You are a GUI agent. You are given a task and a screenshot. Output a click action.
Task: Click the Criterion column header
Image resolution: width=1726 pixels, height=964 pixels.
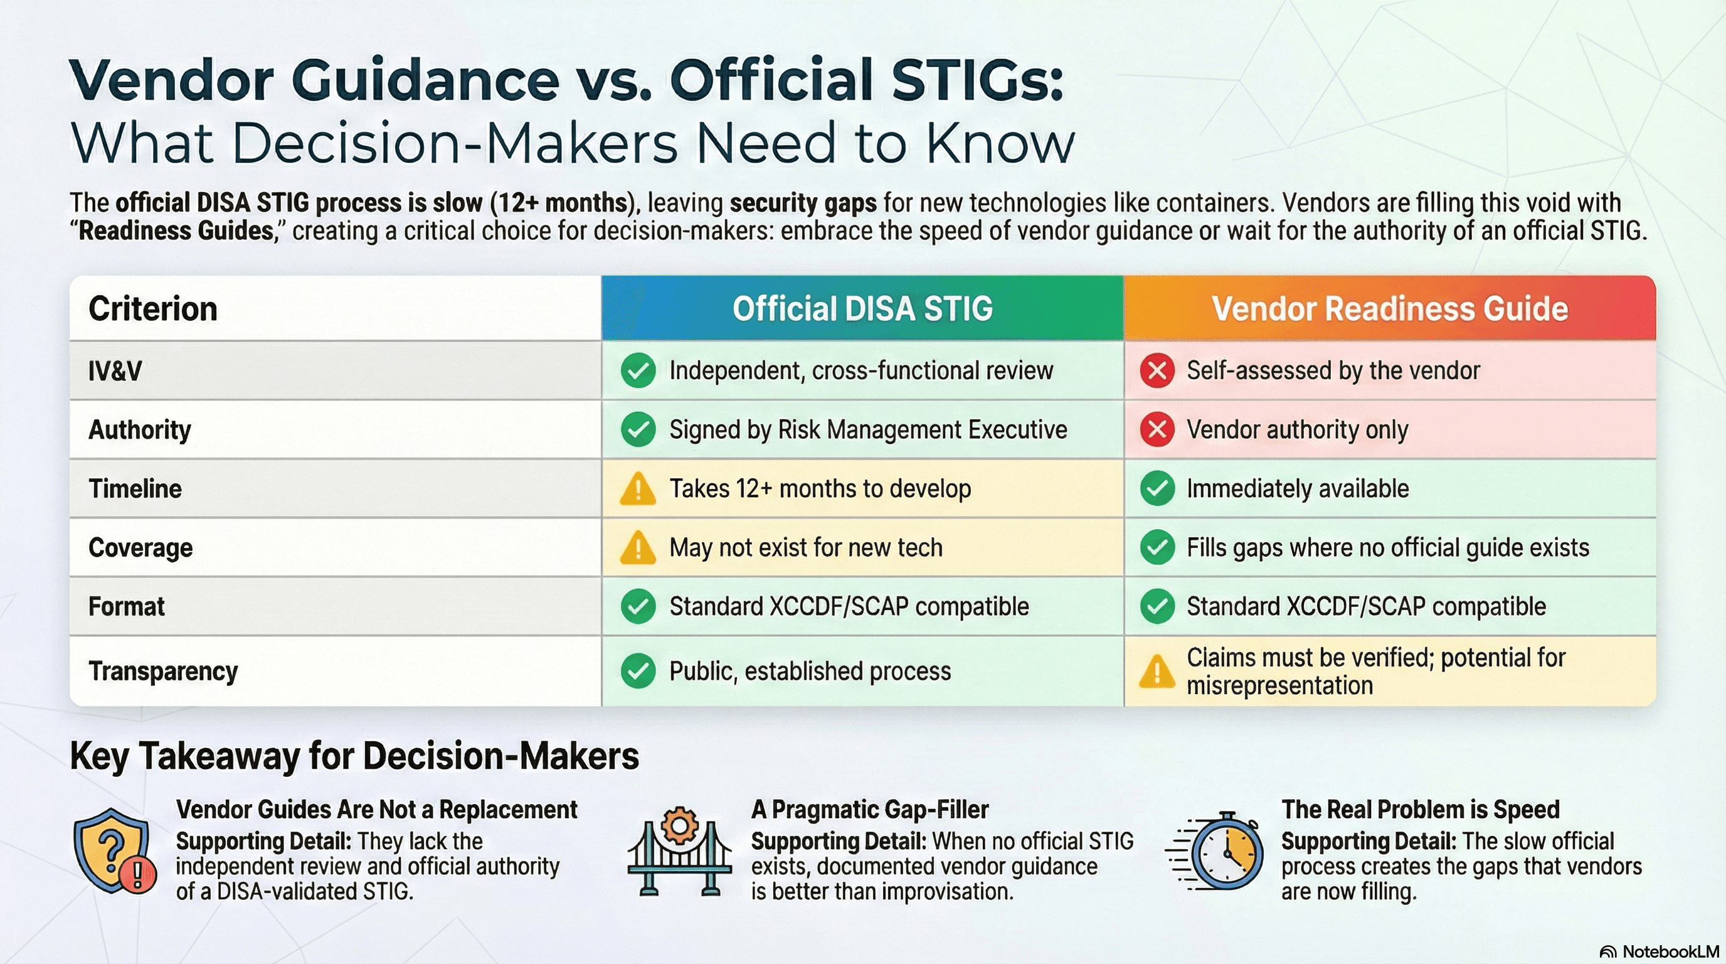(153, 309)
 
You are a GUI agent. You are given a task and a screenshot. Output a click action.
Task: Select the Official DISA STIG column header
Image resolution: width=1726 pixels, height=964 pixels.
(862, 309)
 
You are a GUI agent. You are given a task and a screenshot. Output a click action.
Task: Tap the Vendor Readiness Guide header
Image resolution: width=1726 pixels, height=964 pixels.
(1390, 309)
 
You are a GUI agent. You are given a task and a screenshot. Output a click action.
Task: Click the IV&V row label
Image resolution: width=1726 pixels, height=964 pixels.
(115, 371)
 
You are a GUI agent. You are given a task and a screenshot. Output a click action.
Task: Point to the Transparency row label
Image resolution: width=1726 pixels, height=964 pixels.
(163, 671)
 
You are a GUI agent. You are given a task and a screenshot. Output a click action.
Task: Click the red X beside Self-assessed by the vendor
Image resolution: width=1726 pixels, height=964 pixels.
(1157, 371)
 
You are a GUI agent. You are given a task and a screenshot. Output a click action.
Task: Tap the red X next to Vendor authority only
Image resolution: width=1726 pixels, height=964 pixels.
(1157, 430)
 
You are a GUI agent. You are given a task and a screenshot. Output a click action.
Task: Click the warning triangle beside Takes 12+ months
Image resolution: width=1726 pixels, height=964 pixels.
(638, 490)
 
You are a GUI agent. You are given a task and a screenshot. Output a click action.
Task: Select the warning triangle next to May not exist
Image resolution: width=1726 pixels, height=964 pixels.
(638, 549)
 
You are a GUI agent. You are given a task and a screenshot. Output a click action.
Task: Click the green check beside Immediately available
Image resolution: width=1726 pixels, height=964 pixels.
(1157, 489)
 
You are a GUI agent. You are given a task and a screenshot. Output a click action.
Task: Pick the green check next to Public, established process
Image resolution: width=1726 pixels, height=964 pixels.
(638, 671)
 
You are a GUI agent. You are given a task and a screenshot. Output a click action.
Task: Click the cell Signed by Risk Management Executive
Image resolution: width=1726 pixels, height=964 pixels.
(867, 430)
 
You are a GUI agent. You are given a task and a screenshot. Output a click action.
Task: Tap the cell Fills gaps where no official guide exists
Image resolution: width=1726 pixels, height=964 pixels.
(1387, 548)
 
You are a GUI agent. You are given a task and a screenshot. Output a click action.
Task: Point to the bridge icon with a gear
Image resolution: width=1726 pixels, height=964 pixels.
(679, 852)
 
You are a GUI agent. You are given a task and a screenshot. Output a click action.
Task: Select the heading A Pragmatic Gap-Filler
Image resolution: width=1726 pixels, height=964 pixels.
(869, 810)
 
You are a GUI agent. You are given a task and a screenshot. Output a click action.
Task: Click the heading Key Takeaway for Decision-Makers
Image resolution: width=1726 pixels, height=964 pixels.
(354, 756)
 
